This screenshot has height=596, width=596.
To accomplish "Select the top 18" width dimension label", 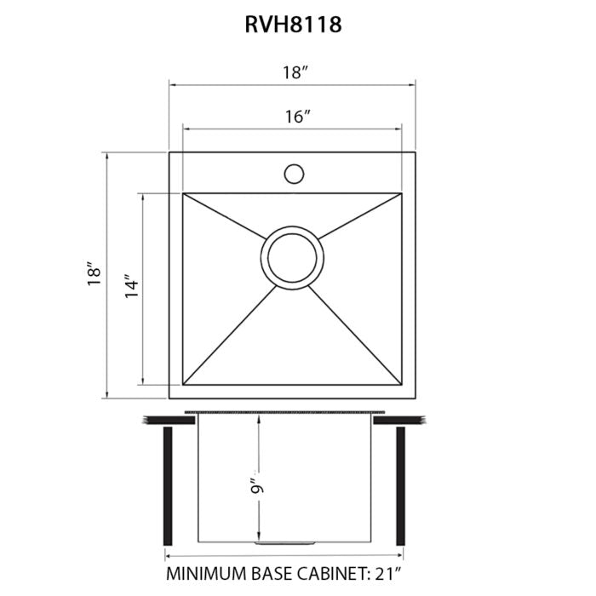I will click(295, 73).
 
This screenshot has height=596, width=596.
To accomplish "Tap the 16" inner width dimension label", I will click(295, 117).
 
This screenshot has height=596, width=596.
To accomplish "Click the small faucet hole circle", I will click(293, 174).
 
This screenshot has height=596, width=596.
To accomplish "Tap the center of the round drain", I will click(293, 255).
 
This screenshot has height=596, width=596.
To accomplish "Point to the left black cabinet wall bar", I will click(169, 483).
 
